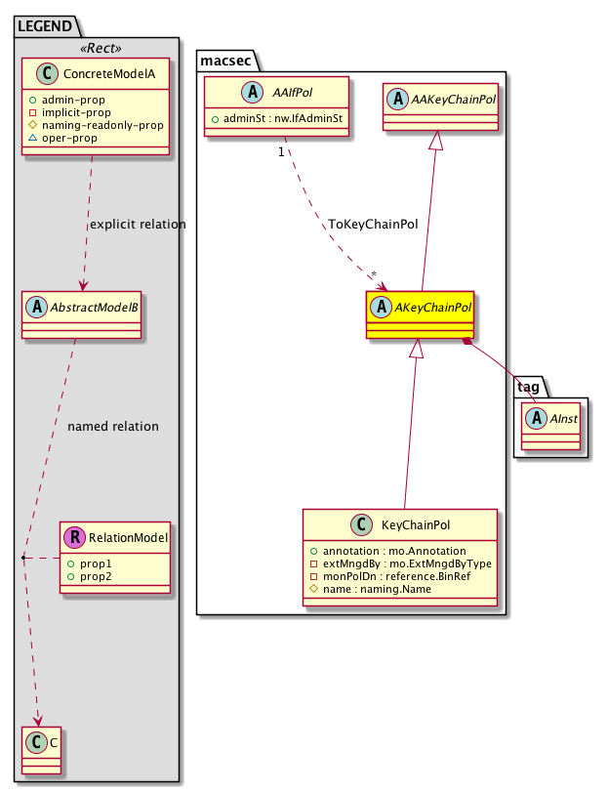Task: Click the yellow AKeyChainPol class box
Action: coord(420,313)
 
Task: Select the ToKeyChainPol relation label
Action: coord(372,224)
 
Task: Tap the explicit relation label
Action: coord(138,225)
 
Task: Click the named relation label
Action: coord(113,427)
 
